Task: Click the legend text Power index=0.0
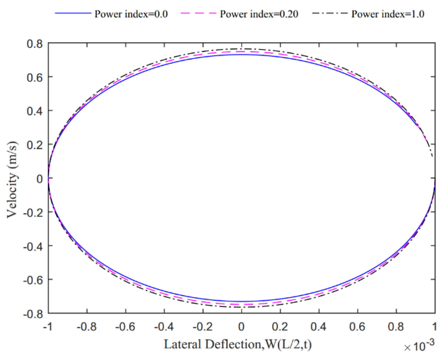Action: point(131,14)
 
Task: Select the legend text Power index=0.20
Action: point(259,14)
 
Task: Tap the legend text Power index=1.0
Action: point(388,14)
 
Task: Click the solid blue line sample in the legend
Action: point(73,13)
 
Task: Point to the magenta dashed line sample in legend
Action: point(198,13)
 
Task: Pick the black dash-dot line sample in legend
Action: point(330,13)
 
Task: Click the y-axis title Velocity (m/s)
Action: point(12,179)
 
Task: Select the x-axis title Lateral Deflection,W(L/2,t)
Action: point(238,344)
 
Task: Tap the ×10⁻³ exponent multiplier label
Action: point(419,346)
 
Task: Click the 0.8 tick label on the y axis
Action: point(35,44)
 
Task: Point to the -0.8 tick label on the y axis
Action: point(33,314)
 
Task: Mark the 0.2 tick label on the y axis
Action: point(35,145)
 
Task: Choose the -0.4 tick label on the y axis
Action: point(33,246)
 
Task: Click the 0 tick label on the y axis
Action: point(40,179)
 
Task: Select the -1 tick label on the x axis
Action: point(48,327)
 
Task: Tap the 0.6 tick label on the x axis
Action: point(357,327)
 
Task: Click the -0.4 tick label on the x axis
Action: point(164,327)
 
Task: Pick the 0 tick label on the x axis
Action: point(242,327)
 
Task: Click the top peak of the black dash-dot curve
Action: point(242,49)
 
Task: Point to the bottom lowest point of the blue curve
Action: point(242,302)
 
